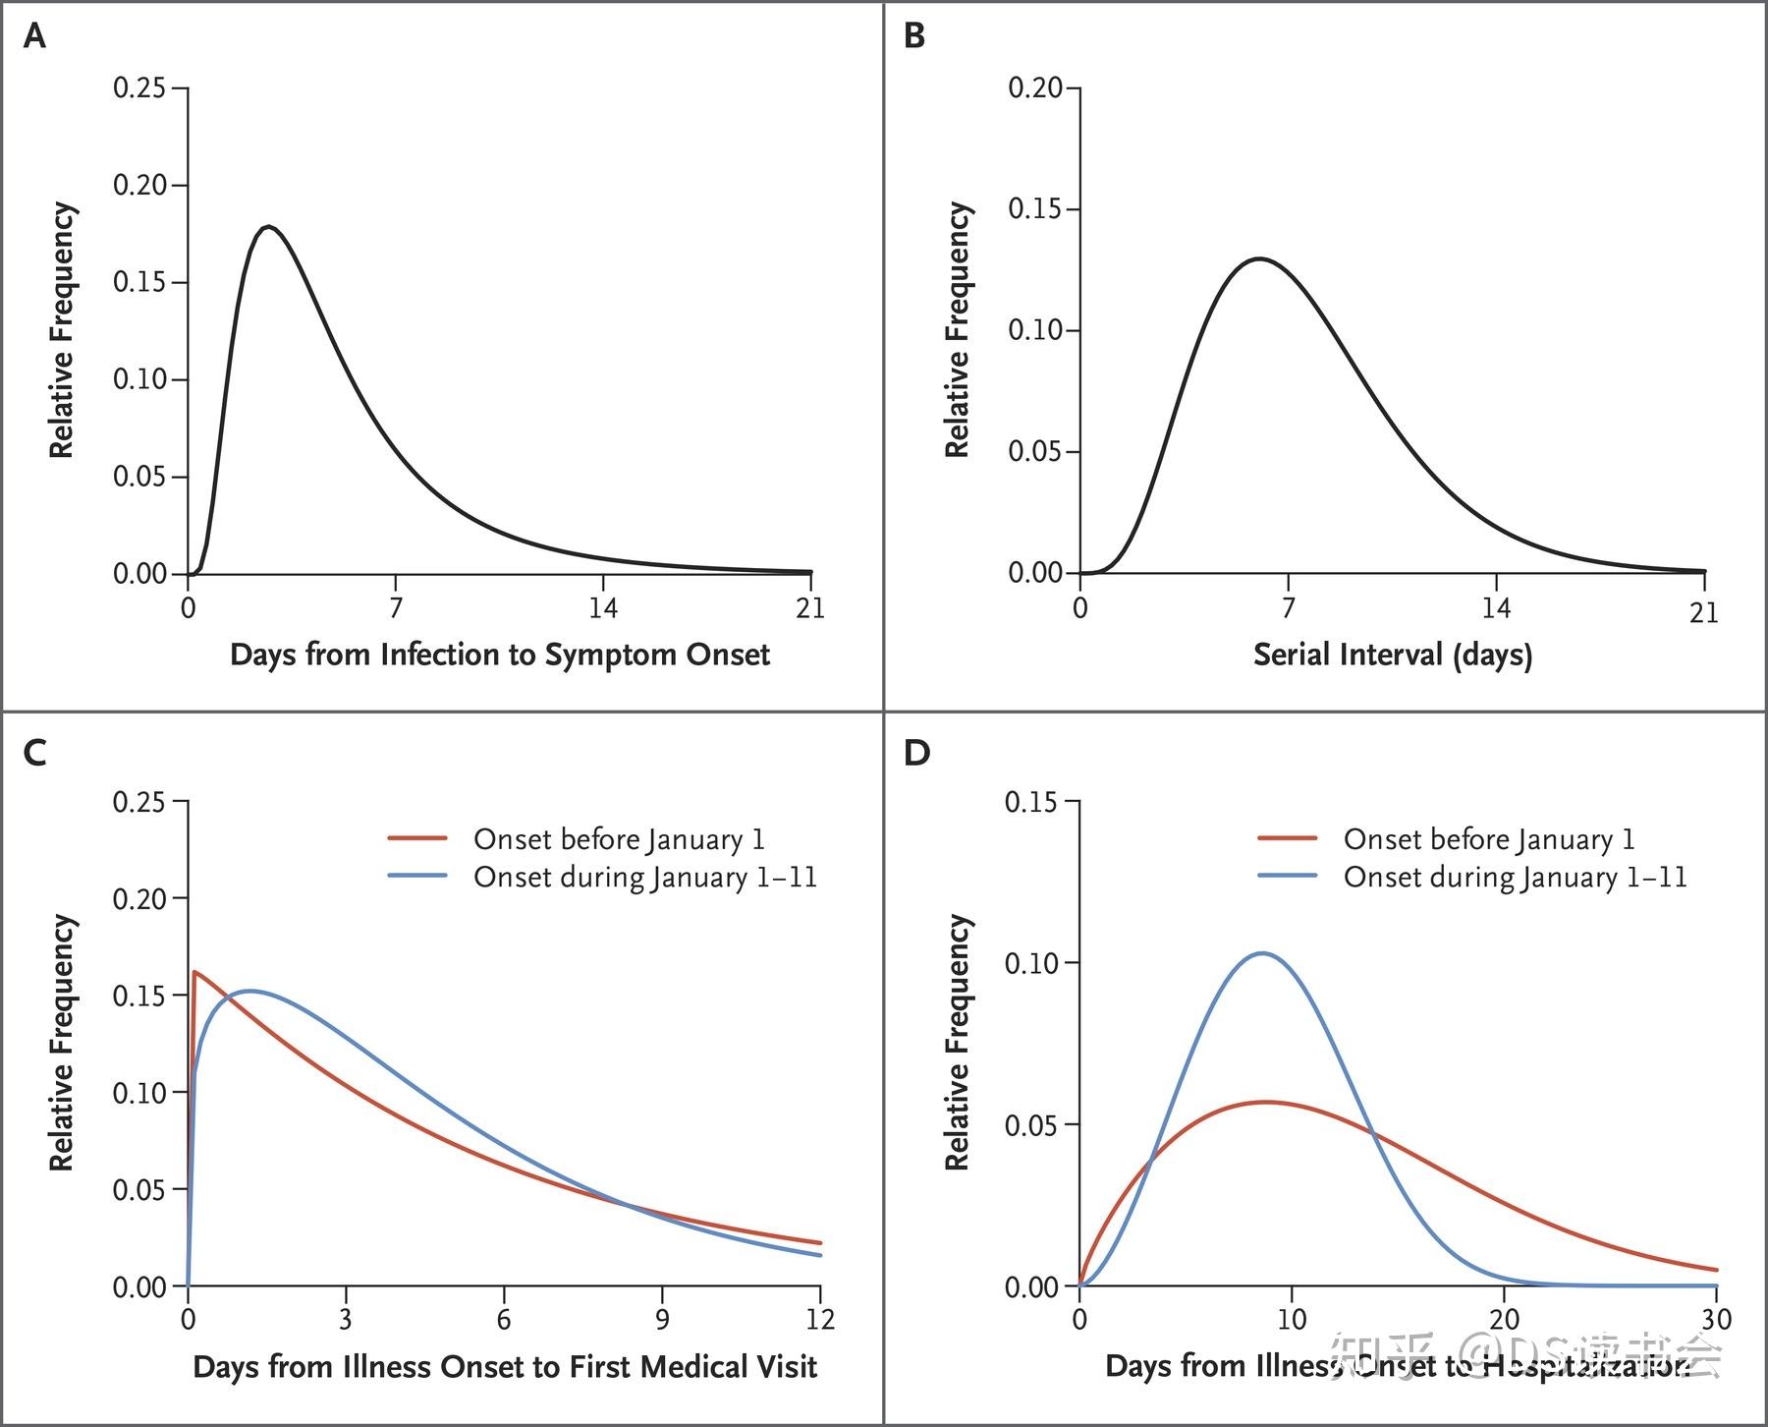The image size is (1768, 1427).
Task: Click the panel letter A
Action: [x=34, y=37]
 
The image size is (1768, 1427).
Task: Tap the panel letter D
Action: [x=916, y=753]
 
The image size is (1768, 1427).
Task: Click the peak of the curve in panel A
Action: [x=269, y=227]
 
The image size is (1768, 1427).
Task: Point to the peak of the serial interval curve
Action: [x=1259, y=258]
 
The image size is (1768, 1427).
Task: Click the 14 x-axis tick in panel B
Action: [x=1496, y=608]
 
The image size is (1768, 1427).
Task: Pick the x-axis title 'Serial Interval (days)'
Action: [x=1392, y=655]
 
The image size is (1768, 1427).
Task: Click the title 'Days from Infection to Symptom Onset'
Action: [x=499, y=655]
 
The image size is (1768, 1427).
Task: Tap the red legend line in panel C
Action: [x=417, y=838]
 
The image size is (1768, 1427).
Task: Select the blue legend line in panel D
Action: [x=1287, y=876]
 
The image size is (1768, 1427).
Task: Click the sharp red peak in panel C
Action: [x=194, y=972]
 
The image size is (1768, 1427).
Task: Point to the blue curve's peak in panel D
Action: [x=1262, y=952]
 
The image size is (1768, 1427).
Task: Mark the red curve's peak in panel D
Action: [x=1267, y=1102]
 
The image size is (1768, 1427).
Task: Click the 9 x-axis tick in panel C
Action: [x=662, y=1319]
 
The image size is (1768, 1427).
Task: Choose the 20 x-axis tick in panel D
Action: [x=1504, y=1319]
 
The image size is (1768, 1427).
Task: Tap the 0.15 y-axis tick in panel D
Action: [x=1031, y=802]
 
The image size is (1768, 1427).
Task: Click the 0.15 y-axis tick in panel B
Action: [x=1035, y=209]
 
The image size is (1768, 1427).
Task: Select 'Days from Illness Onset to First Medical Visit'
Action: [x=505, y=1367]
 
